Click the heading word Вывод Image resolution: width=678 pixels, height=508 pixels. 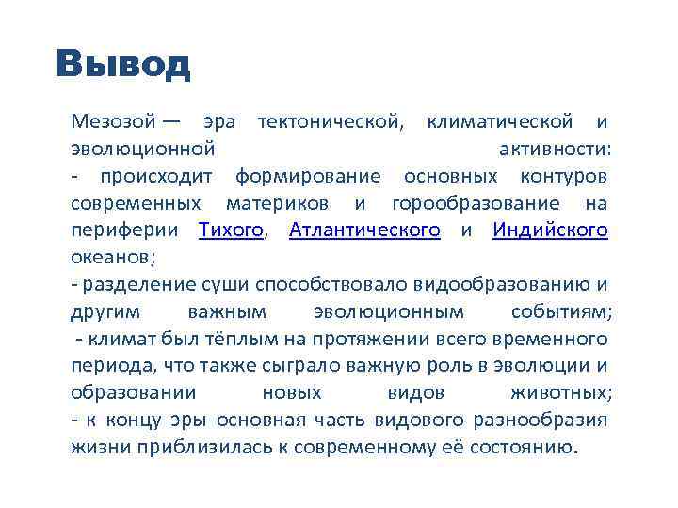(x=122, y=64)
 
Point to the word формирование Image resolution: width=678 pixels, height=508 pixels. (x=308, y=176)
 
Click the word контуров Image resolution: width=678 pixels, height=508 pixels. (x=563, y=176)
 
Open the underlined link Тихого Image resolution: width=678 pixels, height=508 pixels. (x=231, y=230)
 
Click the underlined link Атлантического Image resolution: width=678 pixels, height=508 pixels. (x=364, y=230)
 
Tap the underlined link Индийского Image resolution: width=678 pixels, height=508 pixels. (x=550, y=230)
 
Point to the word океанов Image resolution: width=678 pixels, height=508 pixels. (x=111, y=257)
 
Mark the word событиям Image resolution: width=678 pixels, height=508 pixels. (x=561, y=311)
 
